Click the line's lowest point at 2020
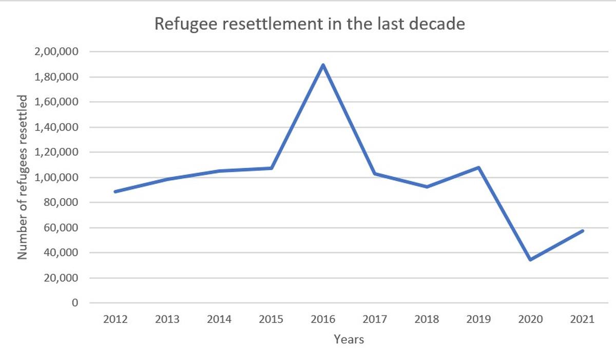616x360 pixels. coord(530,260)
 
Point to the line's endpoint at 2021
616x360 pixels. coord(582,231)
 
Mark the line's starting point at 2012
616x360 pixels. coord(115,192)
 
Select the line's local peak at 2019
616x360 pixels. coord(478,167)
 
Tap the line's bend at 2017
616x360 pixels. coord(375,174)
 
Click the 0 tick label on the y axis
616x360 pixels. coord(75,303)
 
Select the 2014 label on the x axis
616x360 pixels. coord(219,319)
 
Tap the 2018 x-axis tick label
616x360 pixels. coord(427,319)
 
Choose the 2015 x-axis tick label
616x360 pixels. coord(271,319)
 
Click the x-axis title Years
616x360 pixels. coord(349,339)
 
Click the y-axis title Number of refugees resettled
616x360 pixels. coord(23,177)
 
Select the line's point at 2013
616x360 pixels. coord(167,179)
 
